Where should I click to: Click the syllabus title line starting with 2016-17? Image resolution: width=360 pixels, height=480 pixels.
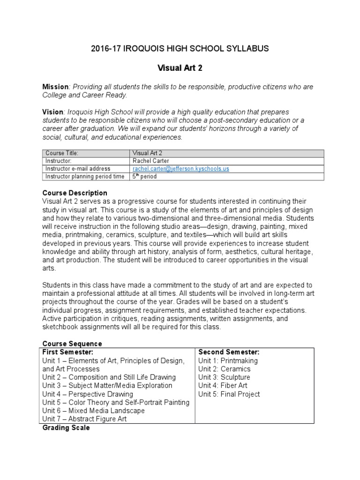(x=180, y=49)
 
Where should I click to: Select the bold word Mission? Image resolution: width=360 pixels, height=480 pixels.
(x=55, y=87)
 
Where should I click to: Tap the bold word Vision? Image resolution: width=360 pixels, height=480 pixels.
(x=52, y=112)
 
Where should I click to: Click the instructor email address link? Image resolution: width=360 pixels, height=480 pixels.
(x=181, y=168)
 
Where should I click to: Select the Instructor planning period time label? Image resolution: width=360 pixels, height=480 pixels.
(x=85, y=176)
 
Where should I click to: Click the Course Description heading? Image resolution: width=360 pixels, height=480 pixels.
(x=75, y=193)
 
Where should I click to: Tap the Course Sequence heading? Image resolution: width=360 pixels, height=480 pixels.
(x=72, y=344)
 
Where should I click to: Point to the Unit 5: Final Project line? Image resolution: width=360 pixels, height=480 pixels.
(x=229, y=394)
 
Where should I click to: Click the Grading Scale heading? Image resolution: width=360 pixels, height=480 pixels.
(x=66, y=427)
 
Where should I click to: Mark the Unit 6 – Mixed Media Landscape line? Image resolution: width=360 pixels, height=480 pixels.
(x=93, y=411)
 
